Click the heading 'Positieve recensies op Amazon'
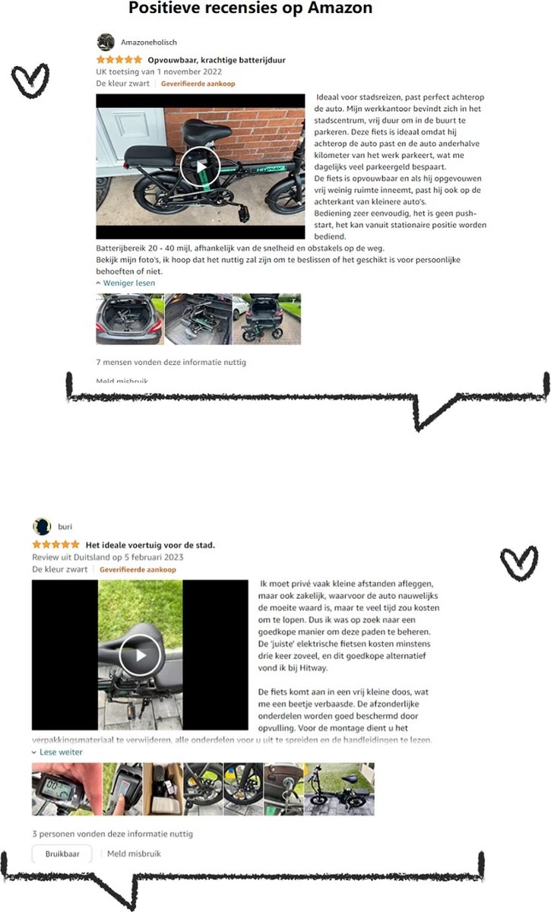(x=251, y=9)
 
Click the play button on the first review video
(x=201, y=166)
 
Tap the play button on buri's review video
(x=140, y=654)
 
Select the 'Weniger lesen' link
(x=128, y=283)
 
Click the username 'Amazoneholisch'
(x=149, y=43)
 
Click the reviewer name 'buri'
(x=65, y=526)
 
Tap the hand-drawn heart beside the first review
(x=30, y=80)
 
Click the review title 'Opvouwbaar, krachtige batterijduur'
(x=217, y=59)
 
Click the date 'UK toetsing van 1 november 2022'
(x=159, y=71)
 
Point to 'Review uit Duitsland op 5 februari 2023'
(x=107, y=557)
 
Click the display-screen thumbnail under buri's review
(x=55, y=789)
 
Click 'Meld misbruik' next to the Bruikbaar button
(x=134, y=853)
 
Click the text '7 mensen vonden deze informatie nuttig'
(x=171, y=362)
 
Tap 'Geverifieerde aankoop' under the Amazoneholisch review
(x=198, y=84)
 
